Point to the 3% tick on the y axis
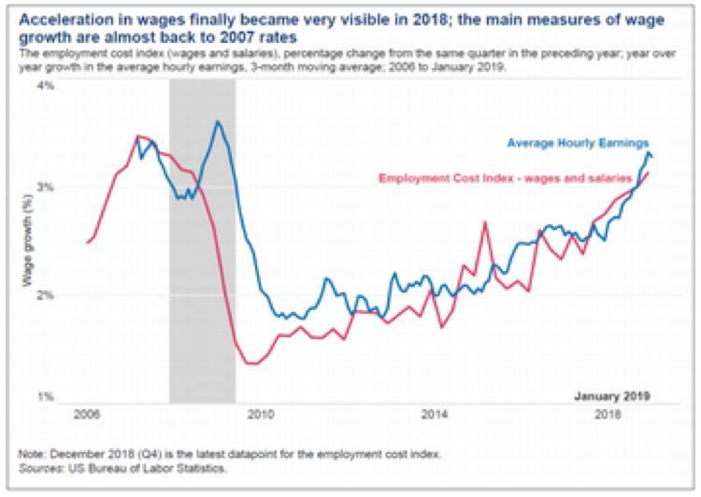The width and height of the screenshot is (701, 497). (46, 187)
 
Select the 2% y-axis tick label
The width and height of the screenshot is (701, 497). (46, 294)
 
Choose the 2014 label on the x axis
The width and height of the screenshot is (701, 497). (434, 412)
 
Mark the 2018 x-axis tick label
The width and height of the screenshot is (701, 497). (608, 412)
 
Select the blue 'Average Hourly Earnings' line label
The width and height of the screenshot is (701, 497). (578, 144)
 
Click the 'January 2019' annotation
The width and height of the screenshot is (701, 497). (612, 394)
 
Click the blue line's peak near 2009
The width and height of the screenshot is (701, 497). (217, 121)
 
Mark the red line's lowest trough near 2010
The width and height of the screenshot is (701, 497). (250, 363)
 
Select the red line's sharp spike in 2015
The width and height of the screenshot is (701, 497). (486, 221)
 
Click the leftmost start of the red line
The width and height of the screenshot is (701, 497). (86, 243)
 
